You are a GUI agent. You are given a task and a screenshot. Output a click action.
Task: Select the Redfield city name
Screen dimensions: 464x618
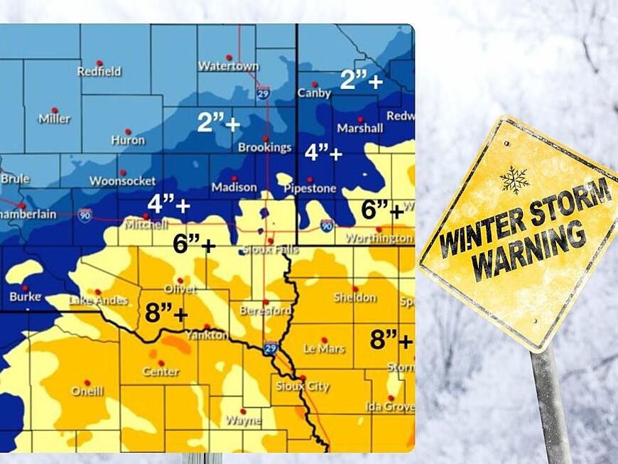tap(99, 71)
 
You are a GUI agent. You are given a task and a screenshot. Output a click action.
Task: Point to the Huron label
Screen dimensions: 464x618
tap(128, 140)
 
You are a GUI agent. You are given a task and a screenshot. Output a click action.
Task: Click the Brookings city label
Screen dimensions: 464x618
tap(264, 147)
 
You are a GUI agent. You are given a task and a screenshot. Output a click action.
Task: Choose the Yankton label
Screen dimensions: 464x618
tap(207, 335)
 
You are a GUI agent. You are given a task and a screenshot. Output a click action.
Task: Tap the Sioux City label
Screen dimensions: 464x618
tap(303, 386)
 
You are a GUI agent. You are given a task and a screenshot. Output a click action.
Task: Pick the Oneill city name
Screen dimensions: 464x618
tap(87, 391)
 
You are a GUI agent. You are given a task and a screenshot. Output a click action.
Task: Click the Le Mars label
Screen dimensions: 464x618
tap(324, 349)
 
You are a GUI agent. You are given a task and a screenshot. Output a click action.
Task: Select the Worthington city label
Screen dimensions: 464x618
tap(384, 238)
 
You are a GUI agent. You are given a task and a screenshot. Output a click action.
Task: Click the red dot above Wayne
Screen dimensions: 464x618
tap(243, 411)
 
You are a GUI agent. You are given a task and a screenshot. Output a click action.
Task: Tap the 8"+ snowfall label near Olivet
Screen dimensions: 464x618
tap(166, 313)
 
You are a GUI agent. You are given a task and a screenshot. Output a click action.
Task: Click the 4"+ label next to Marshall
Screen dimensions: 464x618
tap(323, 153)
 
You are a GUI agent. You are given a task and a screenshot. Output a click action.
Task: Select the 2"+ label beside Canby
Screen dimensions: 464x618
tap(361, 80)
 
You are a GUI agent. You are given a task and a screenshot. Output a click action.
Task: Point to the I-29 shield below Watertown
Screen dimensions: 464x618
tap(262, 93)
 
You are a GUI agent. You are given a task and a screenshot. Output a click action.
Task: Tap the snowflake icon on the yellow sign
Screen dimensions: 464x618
tap(514, 180)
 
